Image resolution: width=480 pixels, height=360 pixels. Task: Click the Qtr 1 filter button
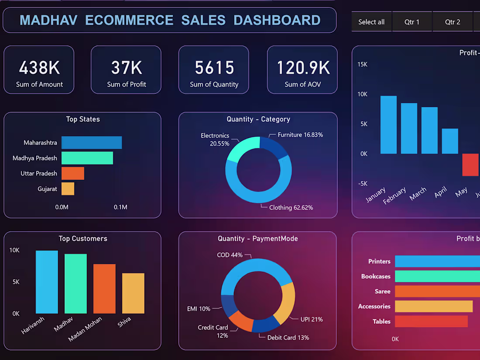(x=411, y=22)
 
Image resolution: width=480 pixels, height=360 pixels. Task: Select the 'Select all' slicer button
(x=371, y=22)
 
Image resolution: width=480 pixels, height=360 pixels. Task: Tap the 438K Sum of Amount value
(x=39, y=68)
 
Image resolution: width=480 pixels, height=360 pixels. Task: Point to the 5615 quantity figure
(x=214, y=68)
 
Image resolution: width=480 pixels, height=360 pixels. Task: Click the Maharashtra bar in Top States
(x=91, y=143)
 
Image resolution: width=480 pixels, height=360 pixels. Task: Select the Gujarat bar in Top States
(x=68, y=189)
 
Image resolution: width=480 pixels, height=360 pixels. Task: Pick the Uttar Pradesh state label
(x=39, y=173)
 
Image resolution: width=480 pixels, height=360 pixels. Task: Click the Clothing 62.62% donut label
(x=291, y=208)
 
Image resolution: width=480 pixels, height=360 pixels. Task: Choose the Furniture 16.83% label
(x=300, y=135)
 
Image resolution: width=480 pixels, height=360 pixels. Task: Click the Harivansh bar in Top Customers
(x=47, y=282)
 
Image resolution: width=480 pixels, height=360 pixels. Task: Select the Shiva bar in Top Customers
(x=133, y=293)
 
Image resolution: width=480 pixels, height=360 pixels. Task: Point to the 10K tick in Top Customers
(x=14, y=250)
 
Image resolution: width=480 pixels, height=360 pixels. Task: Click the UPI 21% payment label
(x=312, y=319)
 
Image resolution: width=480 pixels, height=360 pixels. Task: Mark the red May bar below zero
(x=470, y=165)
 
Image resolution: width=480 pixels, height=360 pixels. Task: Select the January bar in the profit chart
(x=388, y=125)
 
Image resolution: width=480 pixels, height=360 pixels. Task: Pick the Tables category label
(x=381, y=322)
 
